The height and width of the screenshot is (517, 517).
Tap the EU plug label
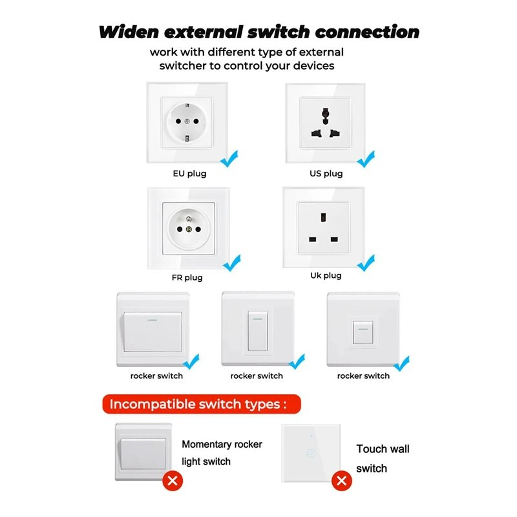[189, 174]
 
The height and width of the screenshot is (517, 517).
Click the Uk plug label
[325, 275]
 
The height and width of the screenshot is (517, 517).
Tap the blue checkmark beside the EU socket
[229, 156]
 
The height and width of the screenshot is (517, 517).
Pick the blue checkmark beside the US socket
[366, 157]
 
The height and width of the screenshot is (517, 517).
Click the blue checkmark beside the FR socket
[231, 262]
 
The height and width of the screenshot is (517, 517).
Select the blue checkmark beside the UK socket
[366, 262]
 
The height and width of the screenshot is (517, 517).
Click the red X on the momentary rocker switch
[172, 481]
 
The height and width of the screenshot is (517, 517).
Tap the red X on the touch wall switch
[342, 481]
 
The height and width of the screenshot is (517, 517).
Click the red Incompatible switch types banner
[198, 405]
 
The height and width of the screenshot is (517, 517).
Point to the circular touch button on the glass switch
[312, 454]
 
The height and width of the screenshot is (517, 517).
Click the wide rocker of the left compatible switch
[153, 332]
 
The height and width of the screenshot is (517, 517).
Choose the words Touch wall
[383, 448]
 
